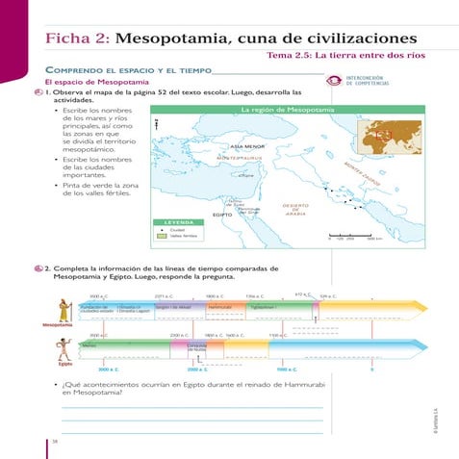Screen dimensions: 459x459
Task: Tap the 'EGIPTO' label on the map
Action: pos(223,214)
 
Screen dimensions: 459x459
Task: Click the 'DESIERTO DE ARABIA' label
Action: pos(295,210)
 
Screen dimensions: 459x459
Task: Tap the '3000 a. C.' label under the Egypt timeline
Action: pos(107,369)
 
